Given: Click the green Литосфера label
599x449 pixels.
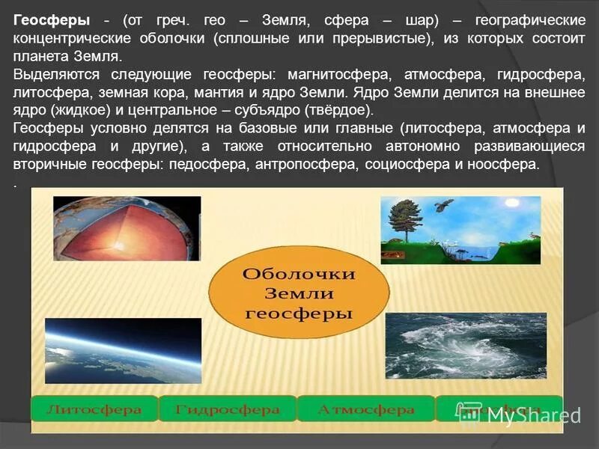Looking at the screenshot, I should [x=94, y=409].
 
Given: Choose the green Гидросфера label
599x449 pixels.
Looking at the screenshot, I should [x=227, y=409].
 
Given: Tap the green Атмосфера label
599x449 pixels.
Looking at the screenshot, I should [x=365, y=409].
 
